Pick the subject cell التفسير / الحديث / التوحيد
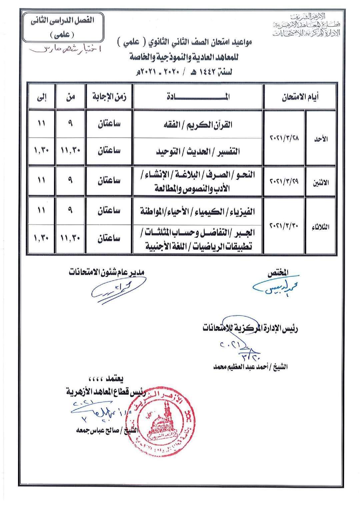pos(197,152)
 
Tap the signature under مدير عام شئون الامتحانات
pos(118,289)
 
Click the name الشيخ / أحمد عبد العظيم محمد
pos(251,367)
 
